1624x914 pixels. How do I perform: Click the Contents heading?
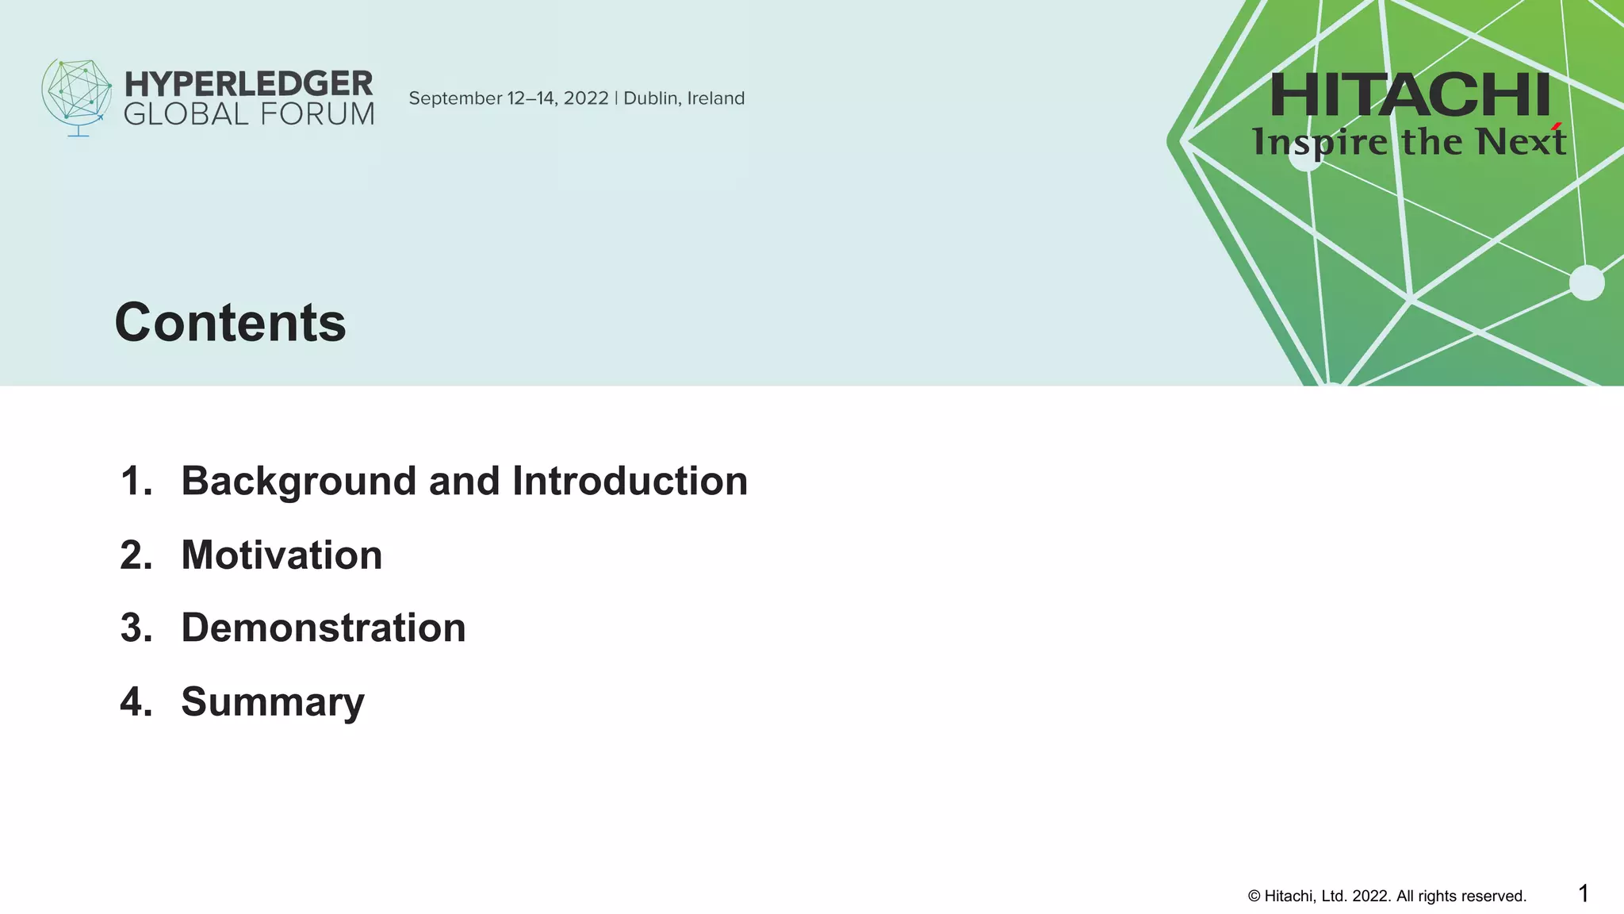click(x=230, y=323)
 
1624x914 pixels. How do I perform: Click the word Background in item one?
click(x=298, y=482)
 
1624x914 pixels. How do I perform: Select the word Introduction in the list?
click(x=630, y=481)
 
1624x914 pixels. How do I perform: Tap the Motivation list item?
click(x=282, y=555)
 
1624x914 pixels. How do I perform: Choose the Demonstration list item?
click(x=323, y=628)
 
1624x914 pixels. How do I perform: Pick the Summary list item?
click(x=272, y=701)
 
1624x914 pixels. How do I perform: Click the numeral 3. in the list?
click(x=136, y=628)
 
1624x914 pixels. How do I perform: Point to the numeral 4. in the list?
click(x=136, y=701)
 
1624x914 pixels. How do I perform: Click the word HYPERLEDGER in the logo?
click(x=248, y=83)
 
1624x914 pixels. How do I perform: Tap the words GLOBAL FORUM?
click(x=248, y=115)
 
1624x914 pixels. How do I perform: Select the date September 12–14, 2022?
click(x=508, y=98)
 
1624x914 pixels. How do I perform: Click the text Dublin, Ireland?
click(x=684, y=98)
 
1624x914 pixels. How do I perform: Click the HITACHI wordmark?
click(x=1409, y=95)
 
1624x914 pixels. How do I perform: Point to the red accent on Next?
click(x=1557, y=126)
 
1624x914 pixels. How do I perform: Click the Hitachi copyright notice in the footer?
click(x=1387, y=896)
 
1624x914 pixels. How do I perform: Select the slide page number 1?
click(x=1583, y=893)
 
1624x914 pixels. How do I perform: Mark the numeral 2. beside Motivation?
click(x=136, y=555)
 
